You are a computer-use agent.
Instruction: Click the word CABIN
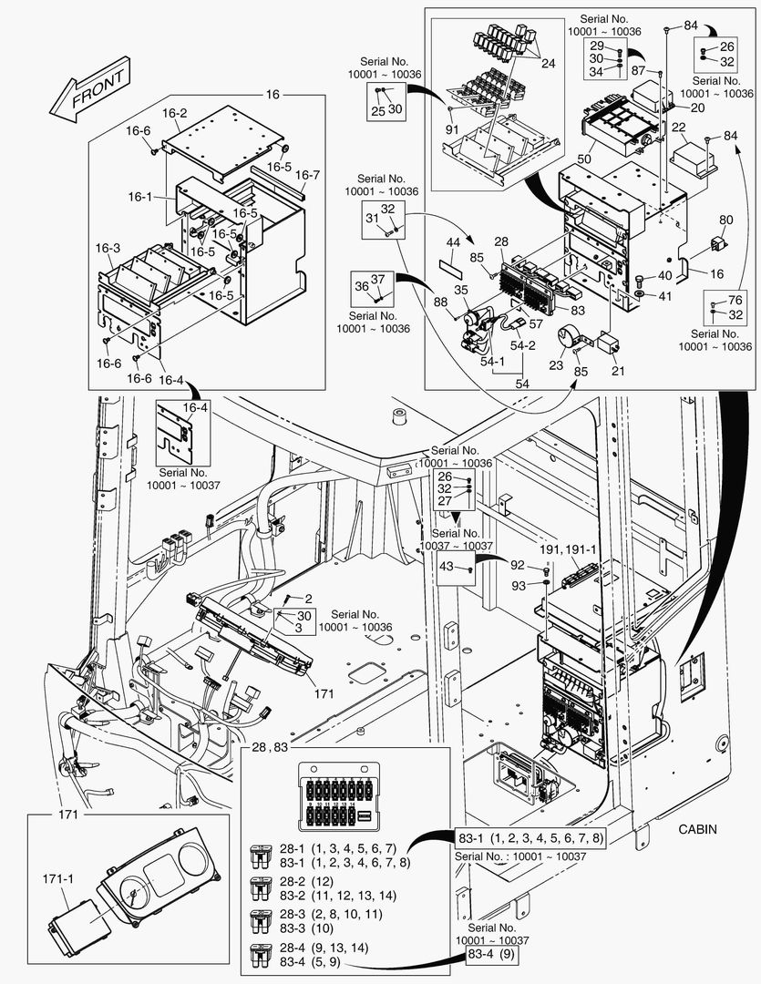tap(698, 829)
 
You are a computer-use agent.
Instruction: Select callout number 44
tap(453, 242)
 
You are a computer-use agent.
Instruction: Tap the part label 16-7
tap(307, 175)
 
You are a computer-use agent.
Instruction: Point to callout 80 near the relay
tap(725, 220)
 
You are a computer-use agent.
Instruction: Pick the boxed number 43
tap(447, 567)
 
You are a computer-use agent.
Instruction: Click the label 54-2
tap(522, 347)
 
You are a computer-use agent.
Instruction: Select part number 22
tap(679, 128)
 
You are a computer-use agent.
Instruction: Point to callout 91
tap(453, 129)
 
